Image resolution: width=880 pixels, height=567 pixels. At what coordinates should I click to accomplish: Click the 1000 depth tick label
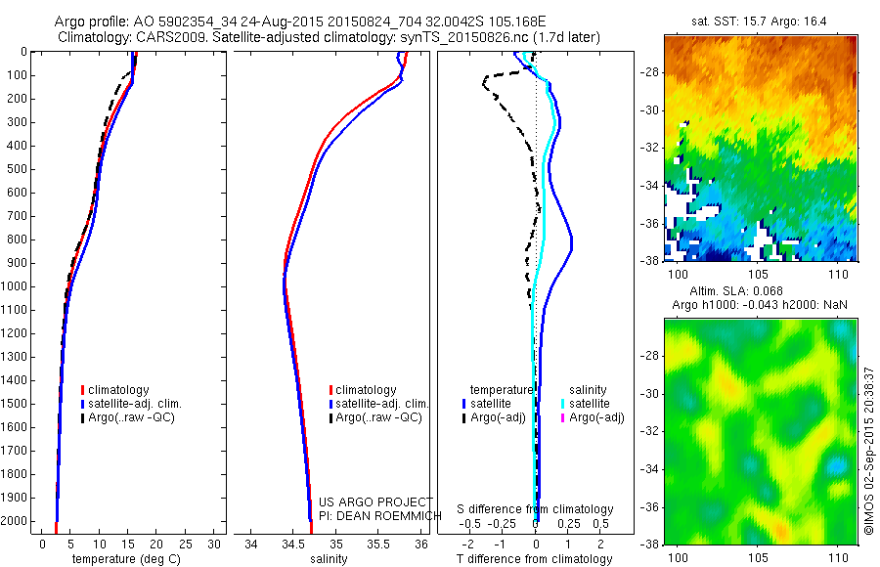[x=15, y=285]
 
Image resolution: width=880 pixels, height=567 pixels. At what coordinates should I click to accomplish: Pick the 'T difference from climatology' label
[x=536, y=559]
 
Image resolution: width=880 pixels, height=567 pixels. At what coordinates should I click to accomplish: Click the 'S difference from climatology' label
[x=536, y=509]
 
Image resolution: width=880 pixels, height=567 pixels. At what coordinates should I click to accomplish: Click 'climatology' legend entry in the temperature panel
[x=119, y=390]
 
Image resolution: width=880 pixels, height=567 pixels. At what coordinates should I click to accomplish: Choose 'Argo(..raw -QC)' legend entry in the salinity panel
[x=378, y=417]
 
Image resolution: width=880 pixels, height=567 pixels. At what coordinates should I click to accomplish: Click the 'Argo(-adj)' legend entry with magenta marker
[x=596, y=417]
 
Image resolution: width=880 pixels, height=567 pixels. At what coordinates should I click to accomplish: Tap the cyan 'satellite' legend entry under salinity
[x=590, y=403]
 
